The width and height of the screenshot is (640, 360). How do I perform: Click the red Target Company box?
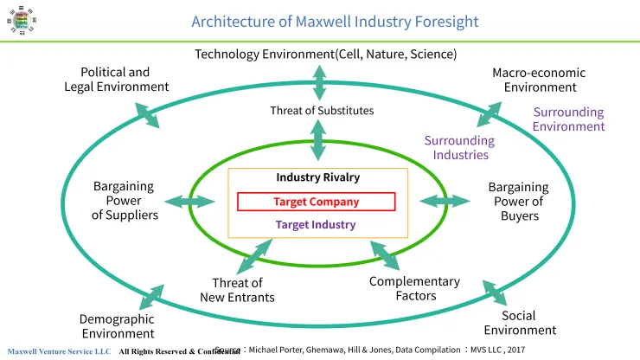point(316,202)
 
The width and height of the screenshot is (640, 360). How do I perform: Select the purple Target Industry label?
point(316,224)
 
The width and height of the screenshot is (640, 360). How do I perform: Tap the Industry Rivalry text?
point(317,177)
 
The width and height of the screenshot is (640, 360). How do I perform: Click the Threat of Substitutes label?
point(322,111)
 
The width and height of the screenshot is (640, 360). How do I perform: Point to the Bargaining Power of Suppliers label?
point(125,200)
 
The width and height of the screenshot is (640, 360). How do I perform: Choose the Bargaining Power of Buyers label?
point(519,201)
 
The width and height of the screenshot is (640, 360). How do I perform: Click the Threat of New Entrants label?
point(237,290)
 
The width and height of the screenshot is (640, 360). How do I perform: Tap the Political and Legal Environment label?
point(116,79)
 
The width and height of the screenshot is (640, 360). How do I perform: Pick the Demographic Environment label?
point(118,326)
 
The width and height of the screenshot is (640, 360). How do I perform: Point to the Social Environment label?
point(520,323)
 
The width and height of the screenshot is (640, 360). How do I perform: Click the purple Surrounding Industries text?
point(458,147)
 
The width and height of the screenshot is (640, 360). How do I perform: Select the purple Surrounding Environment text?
point(568,119)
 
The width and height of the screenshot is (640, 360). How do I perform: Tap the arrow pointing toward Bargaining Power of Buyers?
point(445,201)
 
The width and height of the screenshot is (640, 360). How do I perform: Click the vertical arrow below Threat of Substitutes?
point(319,140)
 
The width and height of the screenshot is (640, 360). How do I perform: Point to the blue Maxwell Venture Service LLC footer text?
point(59,351)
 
